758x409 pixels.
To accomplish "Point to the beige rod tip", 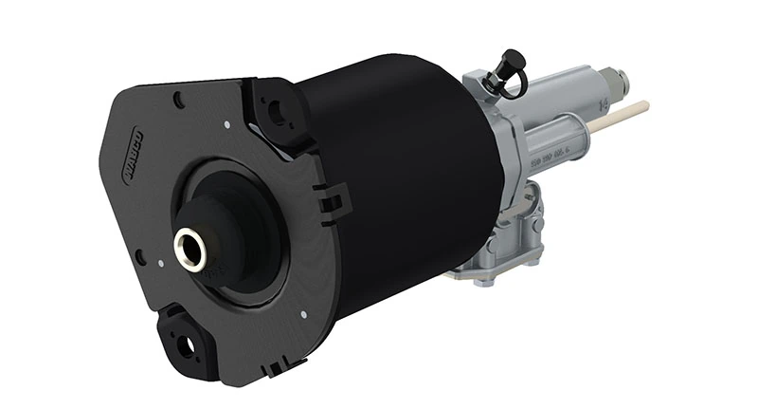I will pyautogui.click(x=636, y=106).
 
